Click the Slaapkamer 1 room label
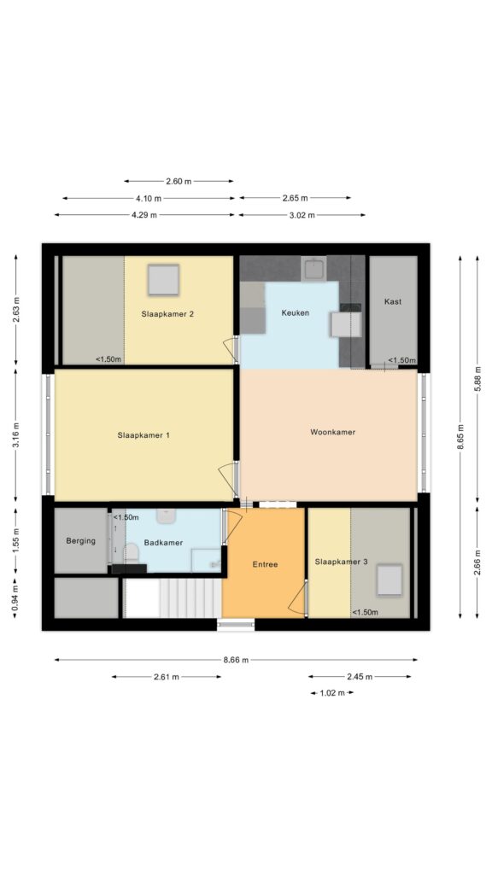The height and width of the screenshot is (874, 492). coord(143,434)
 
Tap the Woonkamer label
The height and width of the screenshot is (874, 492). coord(332,432)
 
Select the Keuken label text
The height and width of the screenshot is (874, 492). coord(295,312)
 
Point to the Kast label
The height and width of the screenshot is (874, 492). coord(393,301)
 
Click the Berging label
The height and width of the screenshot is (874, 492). coord(81,540)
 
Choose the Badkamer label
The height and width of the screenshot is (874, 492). coord(163,542)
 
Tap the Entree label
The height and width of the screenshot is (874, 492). coord(265,564)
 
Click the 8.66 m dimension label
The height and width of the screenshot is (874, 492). coord(236,660)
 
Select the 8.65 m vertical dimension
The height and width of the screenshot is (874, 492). coord(460,437)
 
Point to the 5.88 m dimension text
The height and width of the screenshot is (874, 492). coord(477,378)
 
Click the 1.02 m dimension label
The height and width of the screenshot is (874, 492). coord(332,693)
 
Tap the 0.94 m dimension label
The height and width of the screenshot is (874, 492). coord(15,597)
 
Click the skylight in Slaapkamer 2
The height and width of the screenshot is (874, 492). coord(163,280)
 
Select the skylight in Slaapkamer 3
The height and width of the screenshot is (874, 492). coord(389,580)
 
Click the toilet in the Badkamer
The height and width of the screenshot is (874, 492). coord(131,553)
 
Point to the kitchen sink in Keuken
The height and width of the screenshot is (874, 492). coord(314,270)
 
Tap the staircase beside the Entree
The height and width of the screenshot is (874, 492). coord(173,598)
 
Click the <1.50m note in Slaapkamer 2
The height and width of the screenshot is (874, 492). coord(108,359)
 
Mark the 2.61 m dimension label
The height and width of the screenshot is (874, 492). coord(167,677)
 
